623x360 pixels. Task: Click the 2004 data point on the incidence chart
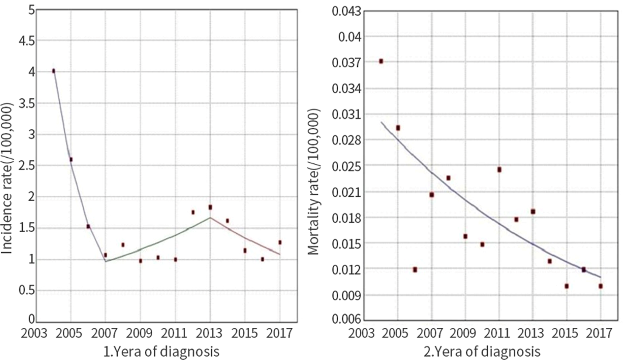coord(54,71)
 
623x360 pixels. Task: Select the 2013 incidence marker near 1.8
coord(210,207)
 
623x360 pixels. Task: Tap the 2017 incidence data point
coord(280,242)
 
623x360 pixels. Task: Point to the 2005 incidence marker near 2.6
coord(71,160)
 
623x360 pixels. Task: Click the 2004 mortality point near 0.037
coord(381,61)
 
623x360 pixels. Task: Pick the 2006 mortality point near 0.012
coord(415,270)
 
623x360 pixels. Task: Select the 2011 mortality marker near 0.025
coord(499,170)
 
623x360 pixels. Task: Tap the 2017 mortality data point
coord(600,286)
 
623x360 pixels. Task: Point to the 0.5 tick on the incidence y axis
coord(26,290)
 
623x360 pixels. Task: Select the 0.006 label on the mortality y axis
coord(346,320)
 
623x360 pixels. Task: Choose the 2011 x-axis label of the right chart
coord(499,334)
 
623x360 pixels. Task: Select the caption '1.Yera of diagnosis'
coord(161,352)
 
